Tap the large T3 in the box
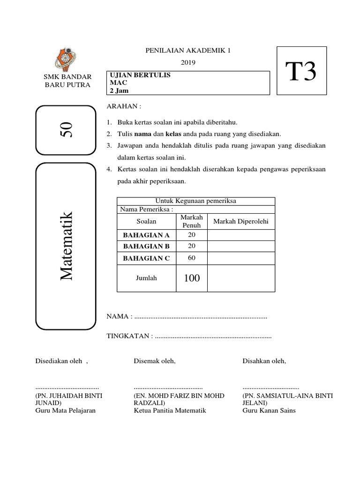point(301,72)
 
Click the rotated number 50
point(66,129)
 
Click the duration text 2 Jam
point(119,90)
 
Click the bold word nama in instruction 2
point(144,134)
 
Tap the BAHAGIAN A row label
point(146,235)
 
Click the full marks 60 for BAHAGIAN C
point(191,258)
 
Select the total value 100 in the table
point(191,278)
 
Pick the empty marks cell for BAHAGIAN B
point(241,246)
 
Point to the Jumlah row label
point(146,278)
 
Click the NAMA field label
point(118,317)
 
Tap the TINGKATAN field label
point(128,336)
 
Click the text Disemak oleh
point(155,361)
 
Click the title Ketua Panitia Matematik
point(170,411)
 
